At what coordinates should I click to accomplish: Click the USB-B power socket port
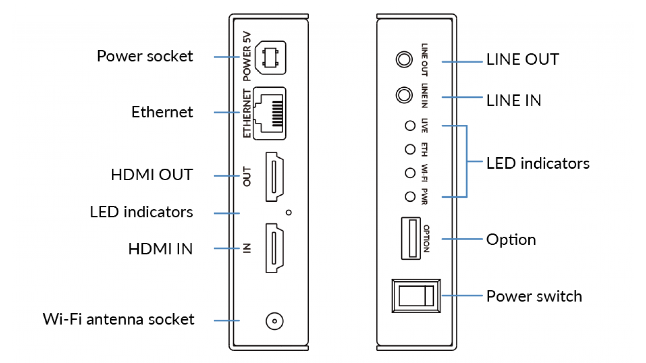(270, 58)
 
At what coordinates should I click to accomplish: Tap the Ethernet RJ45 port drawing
(269, 114)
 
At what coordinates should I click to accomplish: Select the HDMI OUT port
(275, 176)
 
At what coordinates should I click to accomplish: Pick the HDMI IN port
(275, 248)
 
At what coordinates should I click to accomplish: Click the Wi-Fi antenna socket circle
(275, 321)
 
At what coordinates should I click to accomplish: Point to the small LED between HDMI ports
(288, 212)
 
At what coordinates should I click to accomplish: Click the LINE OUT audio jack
(404, 59)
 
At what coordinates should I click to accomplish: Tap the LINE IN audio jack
(404, 95)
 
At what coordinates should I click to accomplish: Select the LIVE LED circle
(410, 126)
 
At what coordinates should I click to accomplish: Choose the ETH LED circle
(410, 149)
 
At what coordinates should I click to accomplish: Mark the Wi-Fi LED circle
(410, 173)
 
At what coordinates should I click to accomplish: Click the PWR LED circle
(410, 197)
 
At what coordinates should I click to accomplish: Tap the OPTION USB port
(411, 238)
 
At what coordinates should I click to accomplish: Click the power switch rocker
(416, 296)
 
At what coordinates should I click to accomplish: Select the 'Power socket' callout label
(145, 56)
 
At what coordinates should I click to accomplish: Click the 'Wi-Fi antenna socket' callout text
(118, 319)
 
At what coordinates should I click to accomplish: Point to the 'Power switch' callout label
(534, 296)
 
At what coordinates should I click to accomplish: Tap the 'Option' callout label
(511, 240)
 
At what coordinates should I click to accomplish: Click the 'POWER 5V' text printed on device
(247, 56)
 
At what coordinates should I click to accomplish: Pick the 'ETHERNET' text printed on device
(247, 114)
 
